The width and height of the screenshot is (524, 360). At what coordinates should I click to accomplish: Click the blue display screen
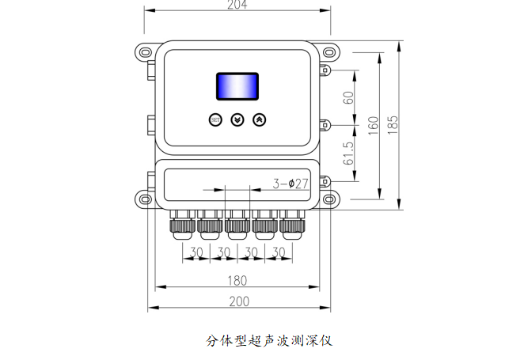point(237,86)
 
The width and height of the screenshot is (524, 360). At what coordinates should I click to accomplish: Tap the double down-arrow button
point(237,119)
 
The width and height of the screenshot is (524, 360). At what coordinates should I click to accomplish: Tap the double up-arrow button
point(260,119)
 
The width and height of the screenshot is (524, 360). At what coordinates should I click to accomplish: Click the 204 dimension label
point(237,4)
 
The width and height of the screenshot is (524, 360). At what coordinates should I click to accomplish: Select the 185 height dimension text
point(393,125)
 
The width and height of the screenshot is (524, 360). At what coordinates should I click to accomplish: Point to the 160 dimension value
point(374,126)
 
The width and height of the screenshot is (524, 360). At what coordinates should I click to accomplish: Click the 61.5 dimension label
point(348,153)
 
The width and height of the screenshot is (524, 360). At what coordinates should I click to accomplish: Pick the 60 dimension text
point(348,97)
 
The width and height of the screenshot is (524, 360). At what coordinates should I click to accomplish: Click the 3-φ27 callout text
point(290,184)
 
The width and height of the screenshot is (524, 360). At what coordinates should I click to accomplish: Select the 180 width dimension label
point(237,281)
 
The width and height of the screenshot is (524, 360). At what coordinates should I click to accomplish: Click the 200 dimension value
point(239,301)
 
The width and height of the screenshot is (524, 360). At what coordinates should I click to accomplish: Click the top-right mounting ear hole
point(328,52)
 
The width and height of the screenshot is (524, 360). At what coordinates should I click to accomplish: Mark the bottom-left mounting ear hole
point(146,199)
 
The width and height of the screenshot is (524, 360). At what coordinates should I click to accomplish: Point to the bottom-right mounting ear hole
point(328,199)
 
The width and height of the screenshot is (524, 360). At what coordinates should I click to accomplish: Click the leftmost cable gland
point(183,225)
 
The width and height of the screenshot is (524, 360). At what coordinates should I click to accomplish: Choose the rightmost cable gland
point(292,225)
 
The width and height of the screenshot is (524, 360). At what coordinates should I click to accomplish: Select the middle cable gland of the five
point(237,225)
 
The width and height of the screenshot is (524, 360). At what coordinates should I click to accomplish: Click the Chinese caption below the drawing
point(269,341)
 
